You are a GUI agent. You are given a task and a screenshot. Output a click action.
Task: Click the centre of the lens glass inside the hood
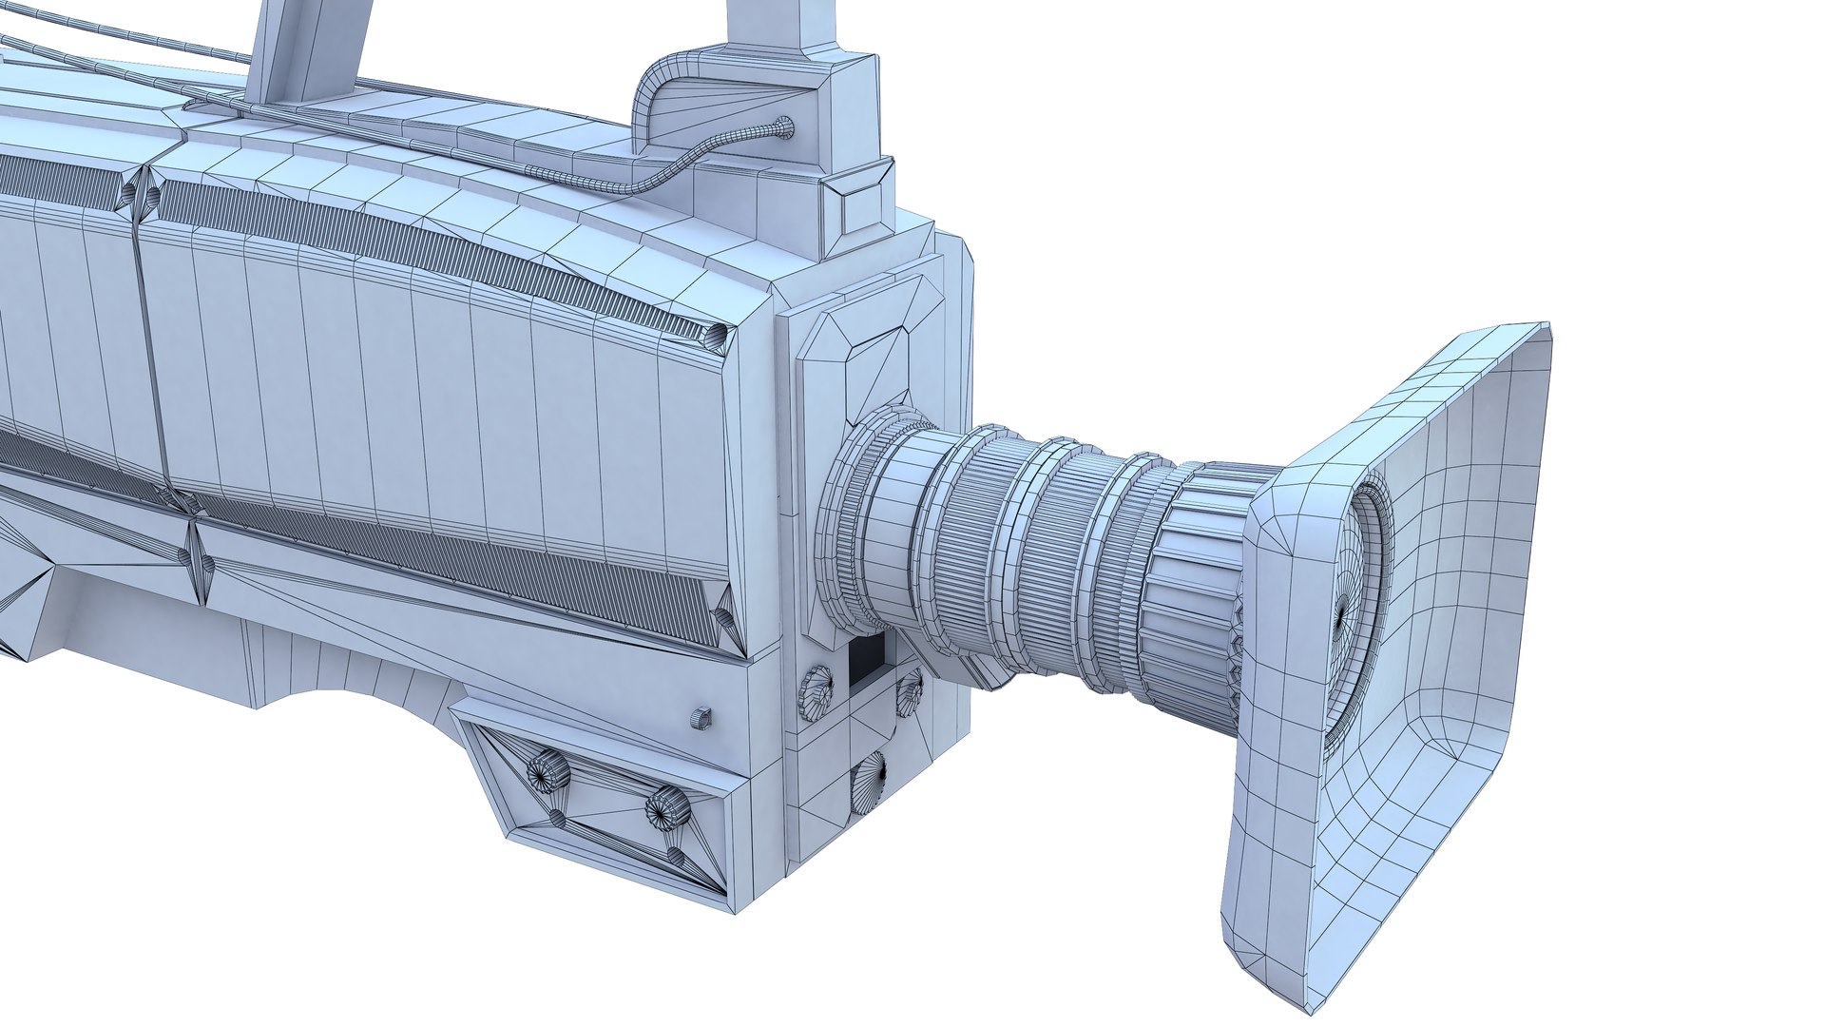[1341, 617]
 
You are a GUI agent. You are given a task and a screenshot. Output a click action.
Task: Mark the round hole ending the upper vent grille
[716, 335]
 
